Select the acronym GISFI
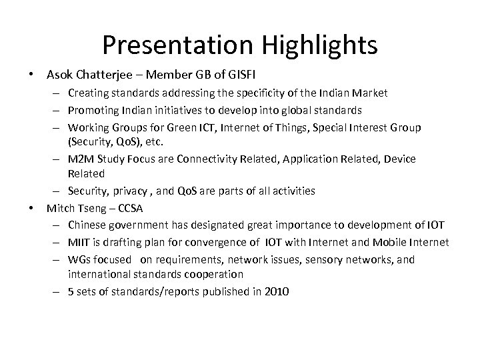pyautogui.click(x=239, y=72)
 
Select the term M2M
pyautogui.click(x=82, y=159)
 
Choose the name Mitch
pyautogui.click(x=60, y=208)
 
